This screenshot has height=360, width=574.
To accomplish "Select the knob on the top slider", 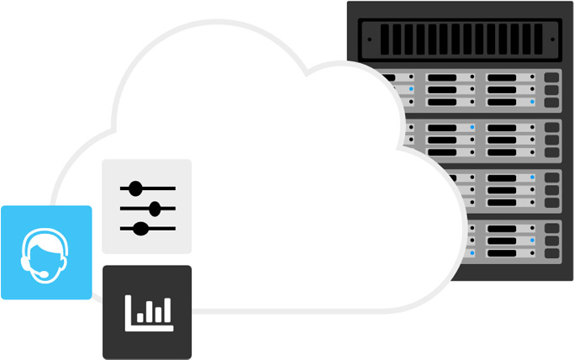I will pyautogui.click(x=136, y=188).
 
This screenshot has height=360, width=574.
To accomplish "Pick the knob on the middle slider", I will pyautogui.click(x=155, y=208).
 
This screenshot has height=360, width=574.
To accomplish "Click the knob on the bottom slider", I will pyautogui.click(x=141, y=228).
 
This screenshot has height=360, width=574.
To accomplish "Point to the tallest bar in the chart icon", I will pyautogui.click(x=166, y=309).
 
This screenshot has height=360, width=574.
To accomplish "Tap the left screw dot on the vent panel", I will pyautogui.click(x=370, y=35).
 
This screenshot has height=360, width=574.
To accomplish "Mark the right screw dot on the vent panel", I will pyautogui.click(x=555, y=35).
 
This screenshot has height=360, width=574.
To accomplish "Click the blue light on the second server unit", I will pyautogui.click(x=472, y=127).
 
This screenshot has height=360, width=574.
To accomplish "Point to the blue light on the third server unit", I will pyautogui.click(x=532, y=177).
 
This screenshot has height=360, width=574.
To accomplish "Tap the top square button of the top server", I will pyautogui.click(x=551, y=77).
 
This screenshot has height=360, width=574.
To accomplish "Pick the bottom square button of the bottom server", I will pyautogui.click(x=551, y=253).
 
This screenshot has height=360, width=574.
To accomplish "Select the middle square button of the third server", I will pyautogui.click(x=551, y=189).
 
